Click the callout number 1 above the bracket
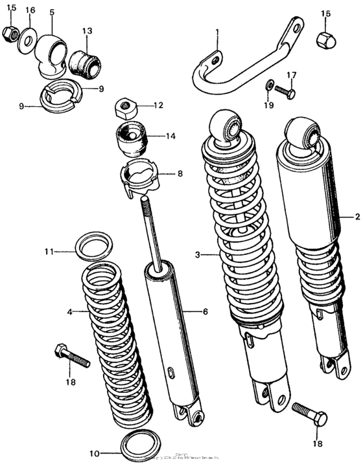coord(218,32)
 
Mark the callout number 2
coord(357,217)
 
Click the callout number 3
coord(197,255)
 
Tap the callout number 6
coord(205,312)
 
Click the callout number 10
coord(94,454)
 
